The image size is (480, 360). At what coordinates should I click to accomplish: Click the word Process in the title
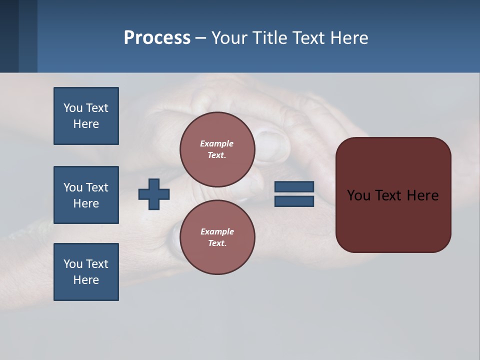[157, 38]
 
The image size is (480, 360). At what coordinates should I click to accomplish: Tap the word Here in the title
[349, 38]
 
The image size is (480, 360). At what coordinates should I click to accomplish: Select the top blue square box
[86, 116]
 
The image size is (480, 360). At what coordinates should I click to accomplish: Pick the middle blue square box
[86, 195]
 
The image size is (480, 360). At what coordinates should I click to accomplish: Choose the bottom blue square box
[86, 272]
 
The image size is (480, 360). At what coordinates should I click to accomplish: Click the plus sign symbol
[154, 194]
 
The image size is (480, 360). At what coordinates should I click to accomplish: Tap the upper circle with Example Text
[217, 149]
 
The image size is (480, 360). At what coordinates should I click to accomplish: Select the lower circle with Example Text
[217, 237]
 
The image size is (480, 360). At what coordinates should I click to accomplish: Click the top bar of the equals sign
[294, 187]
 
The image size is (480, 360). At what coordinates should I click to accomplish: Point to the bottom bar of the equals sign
[294, 201]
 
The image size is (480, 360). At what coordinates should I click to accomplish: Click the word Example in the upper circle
[216, 143]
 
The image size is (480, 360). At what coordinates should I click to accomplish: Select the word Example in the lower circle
[217, 231]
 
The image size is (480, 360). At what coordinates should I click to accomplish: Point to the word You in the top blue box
[73, 108]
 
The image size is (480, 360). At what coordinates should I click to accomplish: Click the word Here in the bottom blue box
[86, 280]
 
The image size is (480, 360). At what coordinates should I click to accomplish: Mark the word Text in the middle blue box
[97, 187]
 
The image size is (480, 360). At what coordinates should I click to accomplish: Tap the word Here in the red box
[422, 195]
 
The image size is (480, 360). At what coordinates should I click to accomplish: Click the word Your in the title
[229, 38]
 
